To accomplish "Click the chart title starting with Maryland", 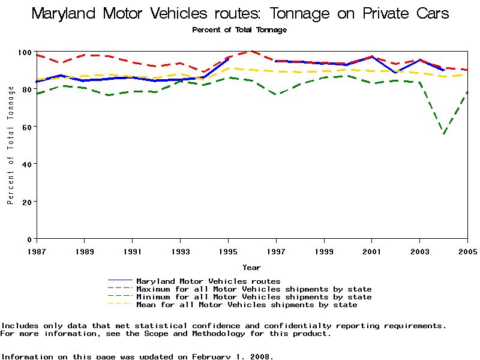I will coord(240,13).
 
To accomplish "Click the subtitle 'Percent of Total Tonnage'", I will coord(239,29).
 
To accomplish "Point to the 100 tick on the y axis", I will coord(24,52).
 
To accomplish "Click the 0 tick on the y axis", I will coord(28,239).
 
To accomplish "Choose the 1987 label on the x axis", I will coord(36,251).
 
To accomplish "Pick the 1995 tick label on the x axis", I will coord(228,251).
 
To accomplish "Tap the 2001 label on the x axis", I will coord(372,251).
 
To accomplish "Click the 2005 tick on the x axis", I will coord(467,251).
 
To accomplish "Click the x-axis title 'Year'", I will coord(251,268).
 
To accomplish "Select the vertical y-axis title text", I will coord(10,145).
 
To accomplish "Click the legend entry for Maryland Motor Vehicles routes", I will coord(208,281).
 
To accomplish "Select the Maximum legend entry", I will coord(253,289).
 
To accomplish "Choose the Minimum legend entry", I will coord(253,297).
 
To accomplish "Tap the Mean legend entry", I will coord(246,305).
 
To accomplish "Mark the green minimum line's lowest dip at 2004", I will coord(444,134).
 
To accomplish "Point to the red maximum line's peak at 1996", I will coord(252,52).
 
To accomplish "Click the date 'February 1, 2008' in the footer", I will coord(232,356).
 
